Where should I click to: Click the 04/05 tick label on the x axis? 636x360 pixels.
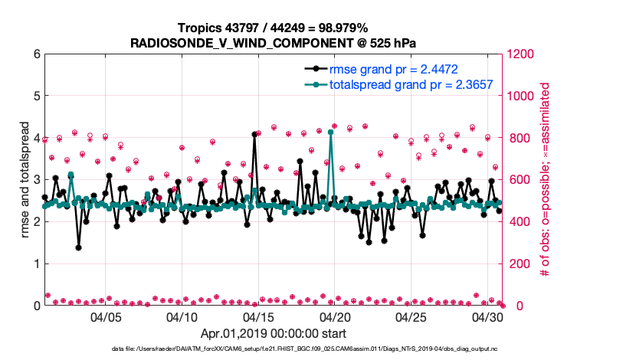point(106,316)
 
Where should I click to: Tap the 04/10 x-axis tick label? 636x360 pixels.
point(182,316)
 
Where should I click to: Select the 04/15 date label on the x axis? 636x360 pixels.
point(258,316)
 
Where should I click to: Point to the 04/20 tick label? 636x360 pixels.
point(334,316)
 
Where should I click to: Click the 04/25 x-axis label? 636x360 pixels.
point(411,316)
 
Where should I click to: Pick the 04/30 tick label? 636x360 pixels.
point(487,316)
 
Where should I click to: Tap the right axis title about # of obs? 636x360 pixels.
point(546,179)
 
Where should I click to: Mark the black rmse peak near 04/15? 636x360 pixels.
point(254,134)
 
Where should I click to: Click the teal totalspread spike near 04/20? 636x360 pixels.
point(330,132)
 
